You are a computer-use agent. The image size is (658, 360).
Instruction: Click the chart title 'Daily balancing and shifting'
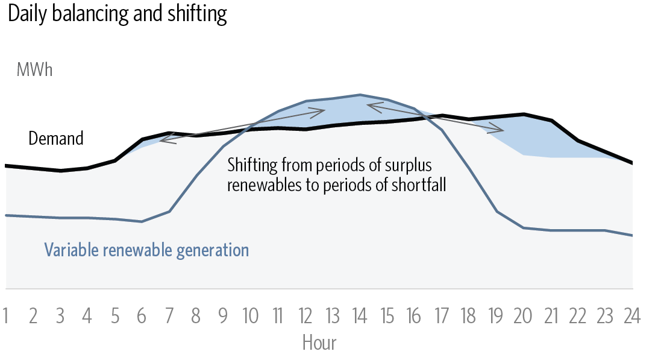(117, 14)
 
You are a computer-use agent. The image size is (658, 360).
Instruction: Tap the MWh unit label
(35, 70)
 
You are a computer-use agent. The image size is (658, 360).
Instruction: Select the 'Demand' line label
(56, 138)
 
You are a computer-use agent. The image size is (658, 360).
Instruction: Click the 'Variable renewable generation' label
(146, 250)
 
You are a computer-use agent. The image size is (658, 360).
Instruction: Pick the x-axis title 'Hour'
(319, 343)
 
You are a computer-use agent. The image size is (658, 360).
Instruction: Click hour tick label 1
(6, 316)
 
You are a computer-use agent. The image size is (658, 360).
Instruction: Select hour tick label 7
(169, 316)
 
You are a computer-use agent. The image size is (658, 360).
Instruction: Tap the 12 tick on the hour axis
(305, 316)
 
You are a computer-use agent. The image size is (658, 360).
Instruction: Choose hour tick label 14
(360, 316)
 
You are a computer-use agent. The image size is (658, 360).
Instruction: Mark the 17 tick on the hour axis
(441, 316)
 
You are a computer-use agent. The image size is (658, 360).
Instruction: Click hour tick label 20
(523, 316)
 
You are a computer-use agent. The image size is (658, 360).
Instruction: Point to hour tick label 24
(632, 316)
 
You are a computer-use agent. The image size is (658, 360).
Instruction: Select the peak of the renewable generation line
(360, 95)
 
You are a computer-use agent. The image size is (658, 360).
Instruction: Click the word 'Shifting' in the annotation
(252, 165)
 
